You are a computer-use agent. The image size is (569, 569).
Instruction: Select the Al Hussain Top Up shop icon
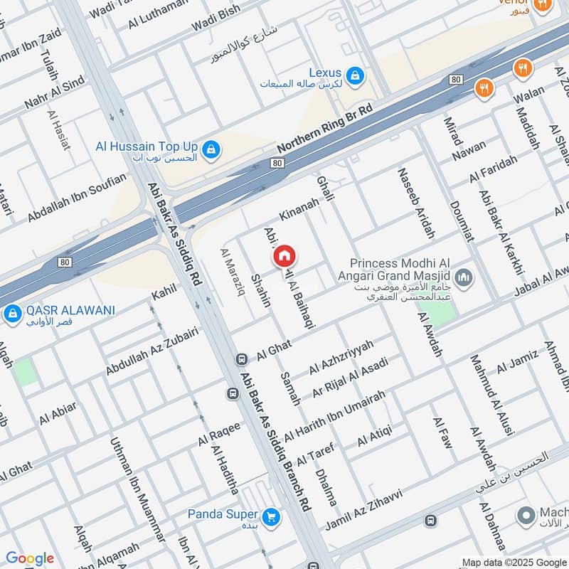[211, 149]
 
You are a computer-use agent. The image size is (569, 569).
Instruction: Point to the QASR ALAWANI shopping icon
[12, 314]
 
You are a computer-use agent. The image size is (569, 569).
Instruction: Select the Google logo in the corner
[30, 558]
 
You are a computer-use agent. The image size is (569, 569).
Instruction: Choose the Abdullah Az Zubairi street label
[152, 351]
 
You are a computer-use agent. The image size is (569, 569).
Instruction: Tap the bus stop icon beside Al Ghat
[241, 358]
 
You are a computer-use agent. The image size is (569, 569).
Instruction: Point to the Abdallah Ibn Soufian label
[77, 198]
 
